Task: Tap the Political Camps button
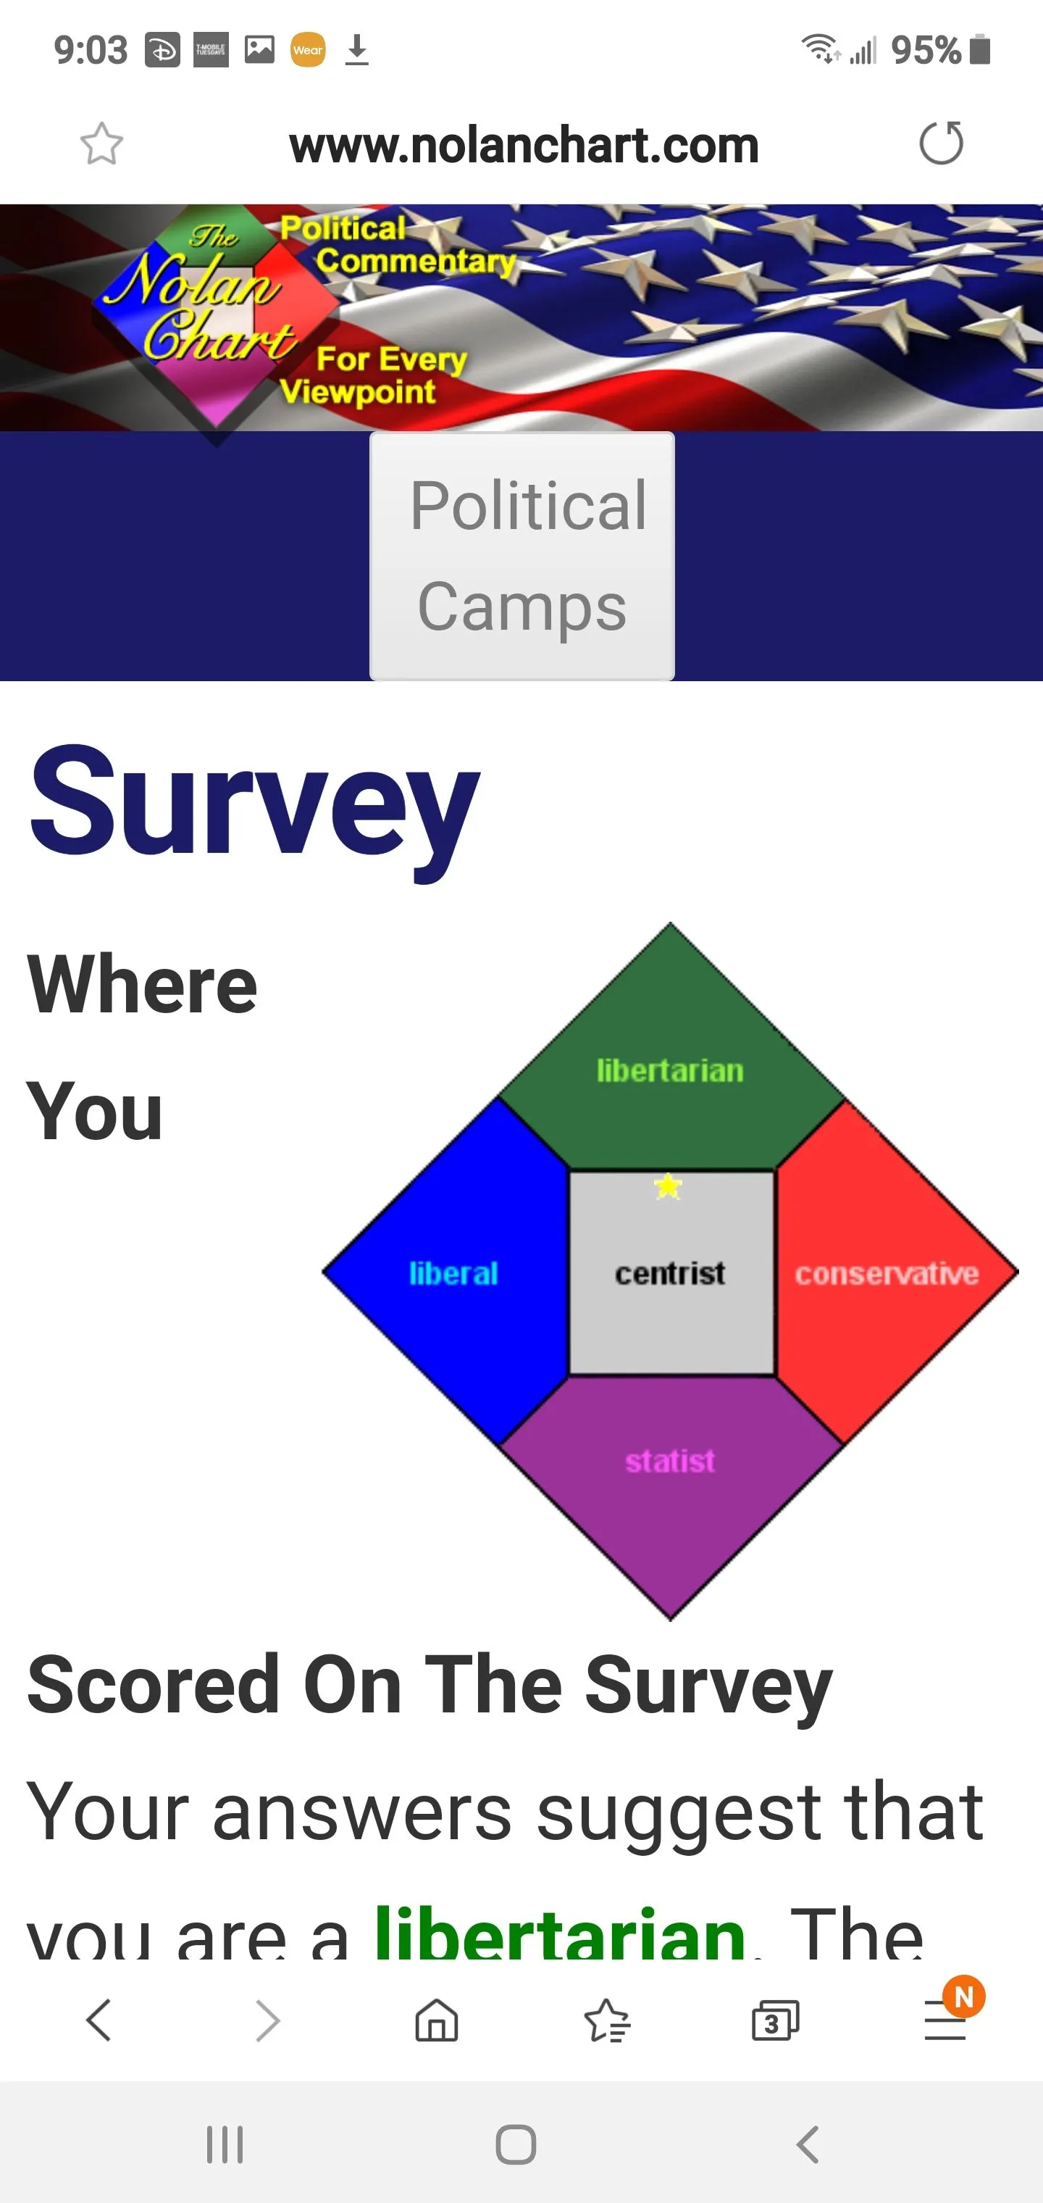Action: point(521,556)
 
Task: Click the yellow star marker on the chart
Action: point(668,1186)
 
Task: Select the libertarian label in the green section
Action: point(669,1071)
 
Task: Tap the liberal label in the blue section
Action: point(453,1273)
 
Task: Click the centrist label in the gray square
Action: point(669,1273)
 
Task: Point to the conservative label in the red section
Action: point(887,1273)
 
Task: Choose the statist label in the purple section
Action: point(669,1461)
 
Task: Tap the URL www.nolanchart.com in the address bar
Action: point(523,146)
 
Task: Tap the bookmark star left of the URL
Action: point(101,143)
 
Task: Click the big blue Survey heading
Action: point(254,804)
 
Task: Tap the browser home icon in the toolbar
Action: point(436,2021)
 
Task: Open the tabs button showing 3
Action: point(774,2022)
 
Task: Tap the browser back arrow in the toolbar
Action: point(99,2021)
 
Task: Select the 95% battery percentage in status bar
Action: point(926,51)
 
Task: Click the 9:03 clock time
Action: point(91,51)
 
